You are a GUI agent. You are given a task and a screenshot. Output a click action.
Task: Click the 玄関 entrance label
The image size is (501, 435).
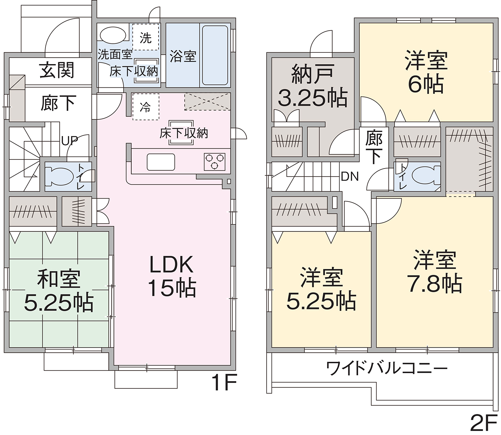57,70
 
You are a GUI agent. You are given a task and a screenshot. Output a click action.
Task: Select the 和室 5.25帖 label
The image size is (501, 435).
59,291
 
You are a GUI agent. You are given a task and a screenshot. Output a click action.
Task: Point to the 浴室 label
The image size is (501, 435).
183,56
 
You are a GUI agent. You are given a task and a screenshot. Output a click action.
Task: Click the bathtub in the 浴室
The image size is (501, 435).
215,55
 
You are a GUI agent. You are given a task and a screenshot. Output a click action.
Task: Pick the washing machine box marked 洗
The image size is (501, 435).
145,37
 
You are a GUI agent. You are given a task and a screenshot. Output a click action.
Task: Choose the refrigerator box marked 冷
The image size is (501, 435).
145,107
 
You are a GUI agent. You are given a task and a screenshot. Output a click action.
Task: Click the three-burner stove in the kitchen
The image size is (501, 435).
215,162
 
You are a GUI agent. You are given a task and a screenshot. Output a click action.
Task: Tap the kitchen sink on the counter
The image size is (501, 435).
161,162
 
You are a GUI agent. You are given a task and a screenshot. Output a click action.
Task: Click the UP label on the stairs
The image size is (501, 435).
70,141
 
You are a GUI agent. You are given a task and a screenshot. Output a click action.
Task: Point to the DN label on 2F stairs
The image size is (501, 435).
350,177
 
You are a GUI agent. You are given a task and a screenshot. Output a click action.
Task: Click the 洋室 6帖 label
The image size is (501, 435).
426,72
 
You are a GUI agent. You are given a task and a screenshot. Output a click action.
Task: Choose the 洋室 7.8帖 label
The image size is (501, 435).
434,271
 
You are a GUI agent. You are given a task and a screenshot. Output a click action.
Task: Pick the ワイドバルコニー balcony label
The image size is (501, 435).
387,368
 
